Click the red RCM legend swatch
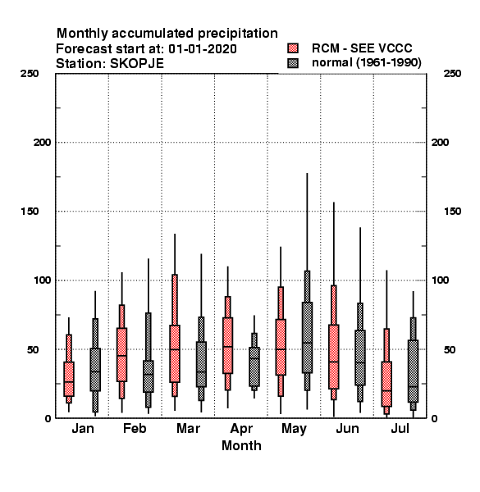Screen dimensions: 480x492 point(293,48)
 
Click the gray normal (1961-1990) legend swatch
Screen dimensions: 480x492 point(293,63)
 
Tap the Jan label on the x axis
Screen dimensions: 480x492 point(83,428)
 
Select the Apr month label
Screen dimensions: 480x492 point(241,429)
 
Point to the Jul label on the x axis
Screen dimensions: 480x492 point(400,428)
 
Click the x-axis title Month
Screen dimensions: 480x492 point(241,445)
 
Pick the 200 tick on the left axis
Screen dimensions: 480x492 point(42,143)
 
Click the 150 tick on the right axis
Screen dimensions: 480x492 point(452,212)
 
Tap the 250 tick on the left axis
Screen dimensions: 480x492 point(30,74)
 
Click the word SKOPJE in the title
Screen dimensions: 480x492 point(137,64)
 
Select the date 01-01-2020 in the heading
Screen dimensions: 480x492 point(203,49)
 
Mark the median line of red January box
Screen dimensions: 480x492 point(69,382)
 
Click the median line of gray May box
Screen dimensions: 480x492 point(308,343)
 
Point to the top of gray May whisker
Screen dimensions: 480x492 point(308,173)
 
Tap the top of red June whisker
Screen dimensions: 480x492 point(334,203)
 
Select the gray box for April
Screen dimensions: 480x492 point(254,367)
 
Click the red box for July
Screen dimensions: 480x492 point(386,384)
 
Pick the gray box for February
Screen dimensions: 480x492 point(149,376)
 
